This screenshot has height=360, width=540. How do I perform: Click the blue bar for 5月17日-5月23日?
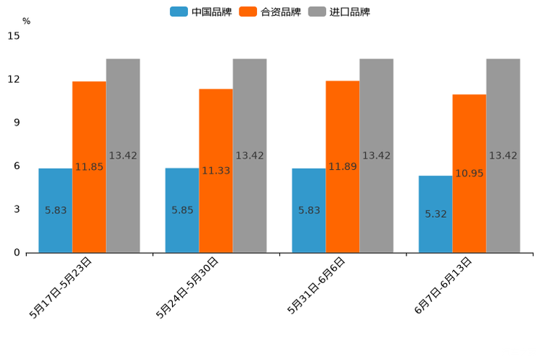click(55, 210)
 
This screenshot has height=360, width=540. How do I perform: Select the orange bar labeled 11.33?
click(216, 171)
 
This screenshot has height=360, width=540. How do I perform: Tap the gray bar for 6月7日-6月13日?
click(503, 155)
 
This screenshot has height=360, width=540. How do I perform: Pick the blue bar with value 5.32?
click(435, 214)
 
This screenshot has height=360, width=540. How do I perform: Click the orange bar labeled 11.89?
click(343, 166)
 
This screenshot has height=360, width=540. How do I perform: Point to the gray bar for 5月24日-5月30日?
click(250, 155)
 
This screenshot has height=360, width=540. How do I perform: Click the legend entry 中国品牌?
click(201, 12)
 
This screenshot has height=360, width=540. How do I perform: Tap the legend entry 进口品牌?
click(339, 12)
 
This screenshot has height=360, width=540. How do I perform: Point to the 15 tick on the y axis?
click(14, 36)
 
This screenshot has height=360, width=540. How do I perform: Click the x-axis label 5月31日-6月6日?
click(316, 285)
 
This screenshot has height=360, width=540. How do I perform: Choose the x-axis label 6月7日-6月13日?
click(443, 285)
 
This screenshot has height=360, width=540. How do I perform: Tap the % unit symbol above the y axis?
click(26, 21)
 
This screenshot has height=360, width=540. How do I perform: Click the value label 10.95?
click(470, 173)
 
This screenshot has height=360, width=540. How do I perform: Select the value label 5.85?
click(182, 210)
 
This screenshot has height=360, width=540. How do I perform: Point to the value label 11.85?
click(89, 167)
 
